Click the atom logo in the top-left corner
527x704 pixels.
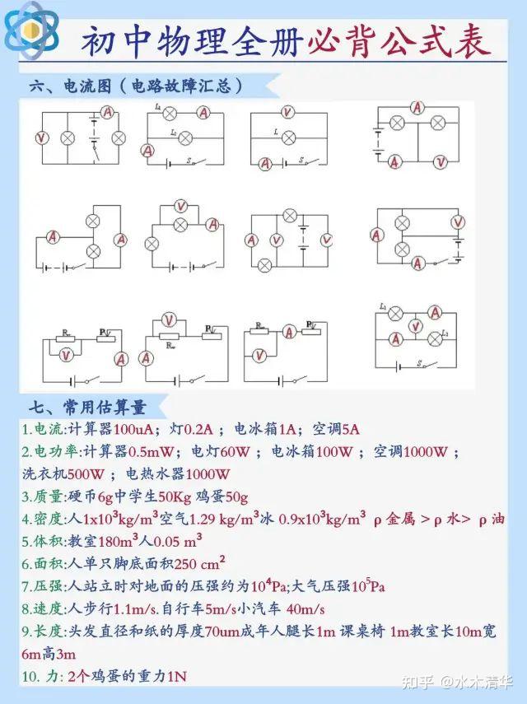coord(31,30)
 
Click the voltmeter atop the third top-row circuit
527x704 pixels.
coord(287,113)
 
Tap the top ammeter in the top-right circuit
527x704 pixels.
coord(417,108)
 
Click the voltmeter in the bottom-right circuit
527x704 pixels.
coord(417,324)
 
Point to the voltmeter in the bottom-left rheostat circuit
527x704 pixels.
coord(70,352)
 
